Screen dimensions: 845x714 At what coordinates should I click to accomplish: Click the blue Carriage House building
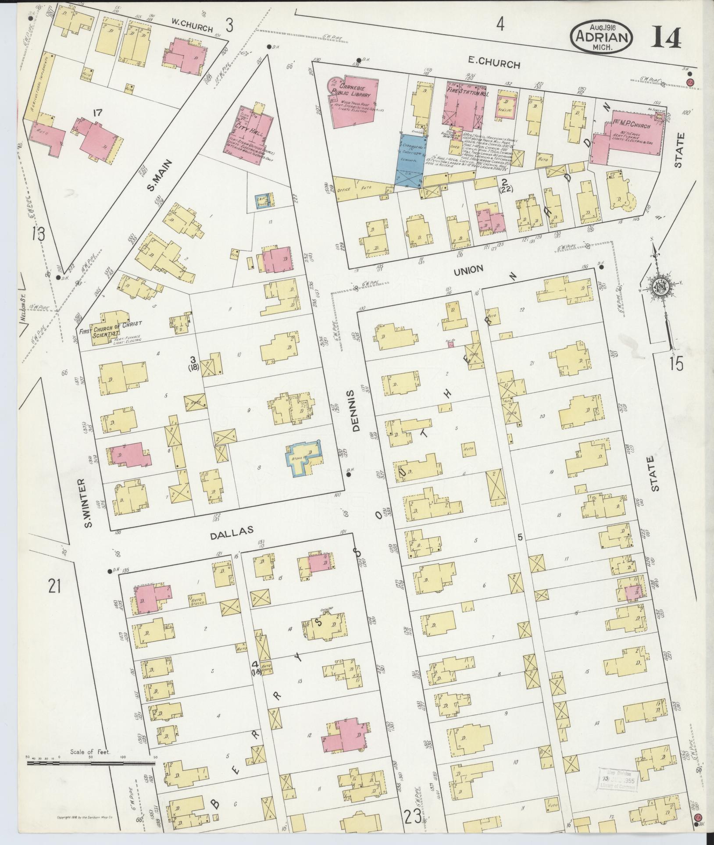click(410, 161)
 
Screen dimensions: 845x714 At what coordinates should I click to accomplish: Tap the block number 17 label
click(97, 113)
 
